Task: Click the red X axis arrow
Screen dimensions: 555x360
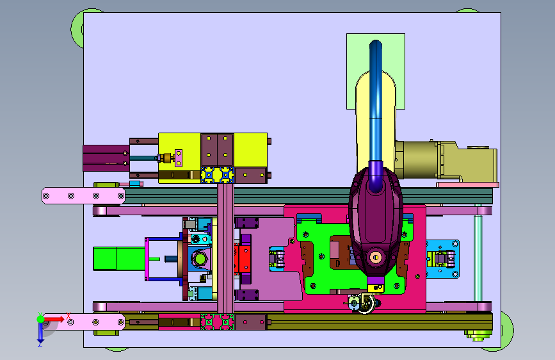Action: pos(54,319)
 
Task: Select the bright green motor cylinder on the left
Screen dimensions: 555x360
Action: pos(119,259)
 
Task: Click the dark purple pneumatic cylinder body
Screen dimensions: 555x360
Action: pos(106,158)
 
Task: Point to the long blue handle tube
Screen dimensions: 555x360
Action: pos(376,106)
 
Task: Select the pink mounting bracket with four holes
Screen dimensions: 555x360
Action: pos(83,195)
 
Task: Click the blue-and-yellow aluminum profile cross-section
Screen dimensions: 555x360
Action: pos(218,176)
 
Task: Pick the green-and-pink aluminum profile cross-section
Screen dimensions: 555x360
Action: pos(218,322)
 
